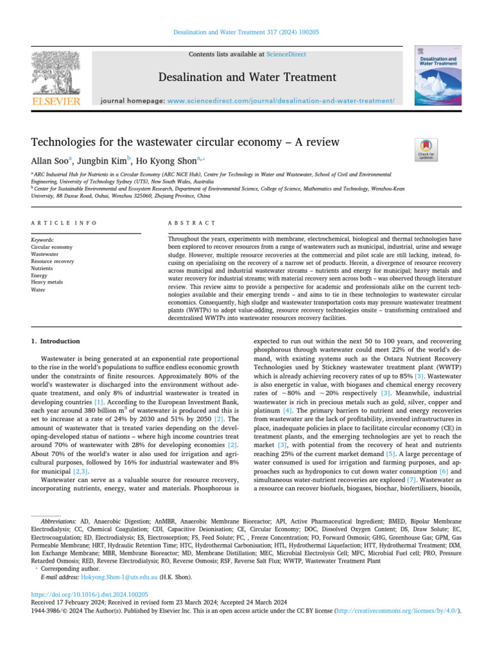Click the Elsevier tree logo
point(56,74)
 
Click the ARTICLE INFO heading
point(64,223)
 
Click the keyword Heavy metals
point(47,282)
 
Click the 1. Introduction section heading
point(56,341)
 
